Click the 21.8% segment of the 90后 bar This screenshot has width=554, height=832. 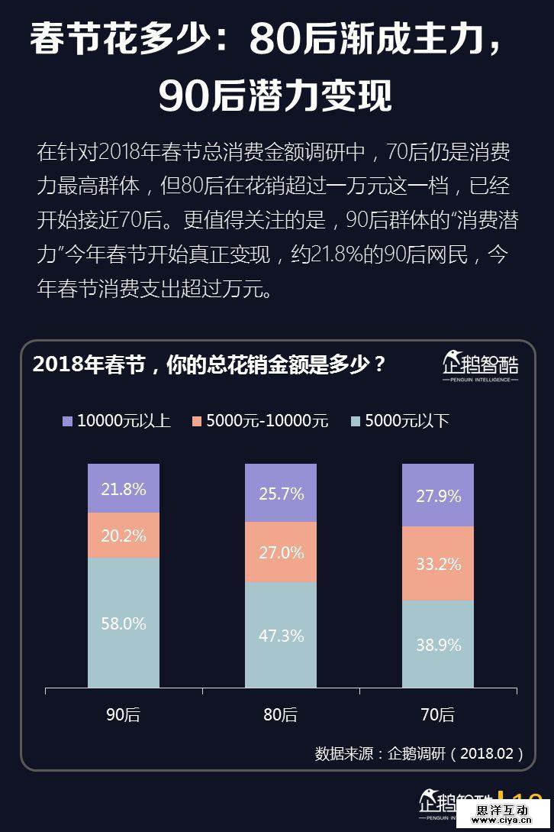point(124,488)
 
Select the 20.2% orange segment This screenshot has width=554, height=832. point(124,535)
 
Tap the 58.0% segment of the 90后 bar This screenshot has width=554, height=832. point(124,623)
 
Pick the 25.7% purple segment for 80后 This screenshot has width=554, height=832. point(281,493)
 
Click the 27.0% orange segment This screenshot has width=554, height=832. point(281,552)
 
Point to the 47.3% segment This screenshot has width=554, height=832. point(281,635)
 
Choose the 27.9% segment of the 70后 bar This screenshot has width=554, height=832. point(438,496)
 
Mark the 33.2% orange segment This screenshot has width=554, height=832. point(438,564)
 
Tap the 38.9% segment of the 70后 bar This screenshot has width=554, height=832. point(438,644)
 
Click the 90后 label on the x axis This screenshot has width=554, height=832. point(124,715)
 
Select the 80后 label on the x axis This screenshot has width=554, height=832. point(281,715)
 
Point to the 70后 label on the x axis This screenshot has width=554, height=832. point(438,715)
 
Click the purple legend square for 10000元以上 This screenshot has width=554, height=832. point(67,421)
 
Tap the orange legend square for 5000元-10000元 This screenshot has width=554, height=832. point(197,421)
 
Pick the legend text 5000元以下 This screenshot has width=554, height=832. point(407,421)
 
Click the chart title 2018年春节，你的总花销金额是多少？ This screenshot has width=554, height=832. point(209,364)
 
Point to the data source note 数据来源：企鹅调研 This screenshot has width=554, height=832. point(419,753)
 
